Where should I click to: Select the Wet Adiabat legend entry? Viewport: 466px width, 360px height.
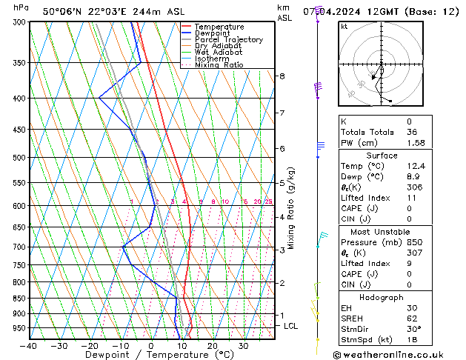(x=219, y=53)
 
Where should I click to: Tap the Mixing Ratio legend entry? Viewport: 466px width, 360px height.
(x=219, y=65)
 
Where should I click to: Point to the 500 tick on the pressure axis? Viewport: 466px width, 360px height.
(x=19, y=158)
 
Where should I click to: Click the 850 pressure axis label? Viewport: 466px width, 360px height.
(x=19, y=299)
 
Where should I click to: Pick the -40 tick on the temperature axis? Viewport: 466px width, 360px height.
(x=29, y=346)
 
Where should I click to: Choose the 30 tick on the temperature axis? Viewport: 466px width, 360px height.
(x=243, y=346)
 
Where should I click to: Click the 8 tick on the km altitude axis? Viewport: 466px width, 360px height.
(x=282, y=76)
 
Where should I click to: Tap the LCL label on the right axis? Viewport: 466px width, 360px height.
(x=291, y=326)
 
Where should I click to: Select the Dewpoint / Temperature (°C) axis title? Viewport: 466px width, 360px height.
(x=149, y=356)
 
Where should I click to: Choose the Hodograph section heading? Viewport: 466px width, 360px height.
(x=382, y=297)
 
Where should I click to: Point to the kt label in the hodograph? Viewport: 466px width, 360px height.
(x=344, y=26)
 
